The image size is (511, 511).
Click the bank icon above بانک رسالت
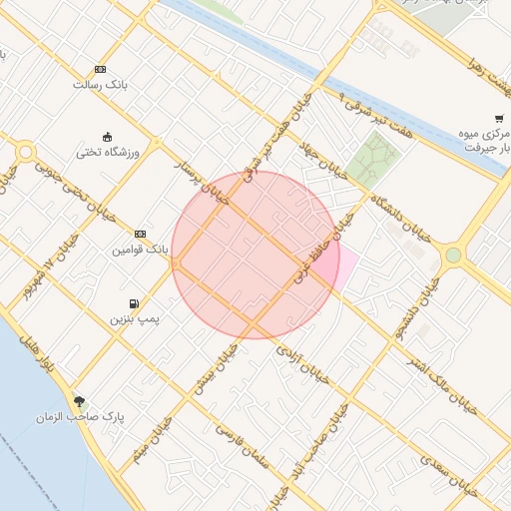click(x=100, y=69)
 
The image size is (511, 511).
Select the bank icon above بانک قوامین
click(x=140, y=233)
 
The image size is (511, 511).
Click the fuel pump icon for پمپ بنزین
click(x=134, y=303)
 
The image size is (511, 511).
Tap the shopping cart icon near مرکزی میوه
click(x=498, y=118)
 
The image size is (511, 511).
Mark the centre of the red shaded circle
click(x=255, y=255)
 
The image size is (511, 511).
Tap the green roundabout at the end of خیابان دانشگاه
click(x=454, y=255)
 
